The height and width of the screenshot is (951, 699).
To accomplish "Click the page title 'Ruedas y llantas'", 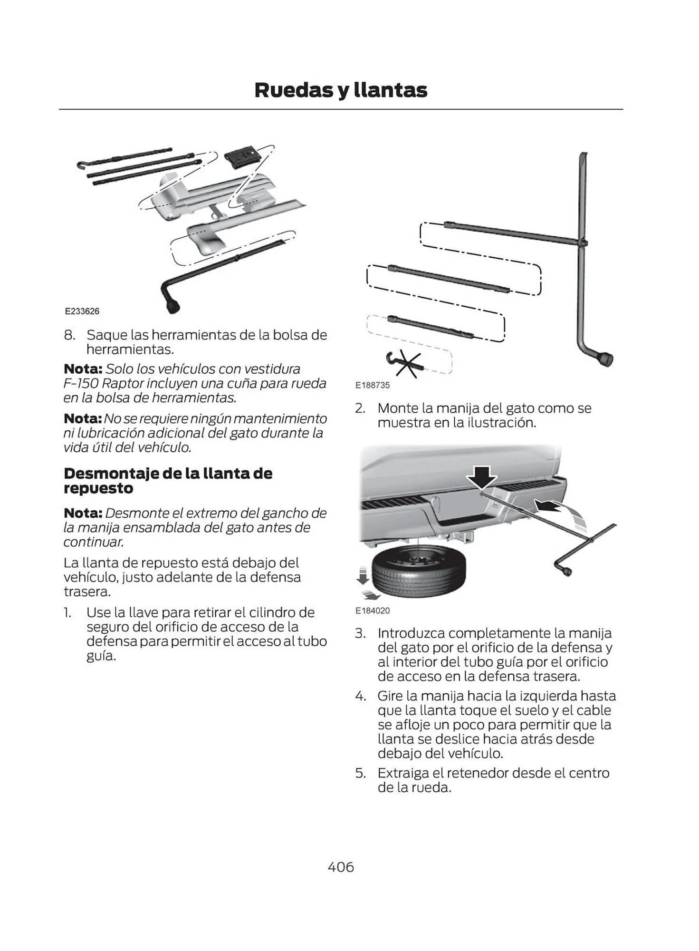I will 341,90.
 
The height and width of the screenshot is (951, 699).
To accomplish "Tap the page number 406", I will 341,867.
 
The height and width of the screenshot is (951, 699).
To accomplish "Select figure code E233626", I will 82,311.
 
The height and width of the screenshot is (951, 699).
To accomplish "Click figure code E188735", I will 372,385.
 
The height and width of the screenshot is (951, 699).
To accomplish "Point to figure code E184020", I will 372,611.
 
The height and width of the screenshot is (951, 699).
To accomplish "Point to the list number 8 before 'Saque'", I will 69,335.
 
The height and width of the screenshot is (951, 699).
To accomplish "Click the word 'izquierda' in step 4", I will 548,696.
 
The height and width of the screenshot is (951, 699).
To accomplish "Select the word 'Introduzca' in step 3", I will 411,633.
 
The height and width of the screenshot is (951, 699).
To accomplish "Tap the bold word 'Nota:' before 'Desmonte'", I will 83,513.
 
